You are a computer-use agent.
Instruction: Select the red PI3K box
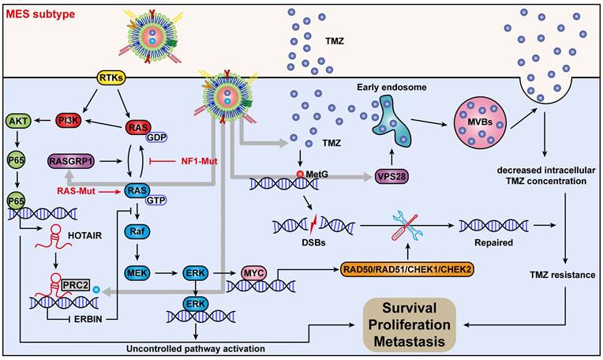tap(73, 122)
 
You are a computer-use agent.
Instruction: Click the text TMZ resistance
tap(563, 276)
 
